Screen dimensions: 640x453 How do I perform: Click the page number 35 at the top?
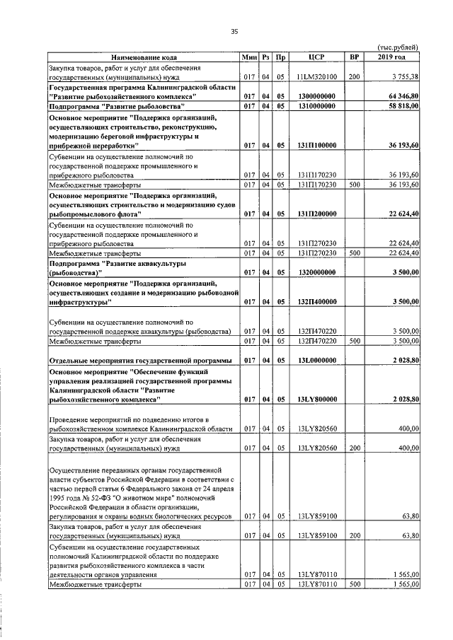[234, 31]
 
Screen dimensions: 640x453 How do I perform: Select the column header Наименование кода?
[143, 56]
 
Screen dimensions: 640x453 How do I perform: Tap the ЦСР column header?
[316, 56]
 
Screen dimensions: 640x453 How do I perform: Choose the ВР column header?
[355, 56]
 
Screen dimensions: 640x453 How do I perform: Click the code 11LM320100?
[316, 76]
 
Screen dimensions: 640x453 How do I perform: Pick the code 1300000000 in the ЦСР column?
[316, 95]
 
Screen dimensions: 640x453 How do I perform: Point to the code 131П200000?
[316, 214]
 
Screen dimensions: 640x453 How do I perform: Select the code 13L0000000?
[316, 361]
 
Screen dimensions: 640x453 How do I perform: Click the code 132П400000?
[316, 302]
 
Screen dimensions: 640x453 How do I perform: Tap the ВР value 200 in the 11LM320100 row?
[355, 76]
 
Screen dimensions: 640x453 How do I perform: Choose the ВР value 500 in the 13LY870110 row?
[355, 585]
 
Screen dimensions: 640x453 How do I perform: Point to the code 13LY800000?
[316, 400]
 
